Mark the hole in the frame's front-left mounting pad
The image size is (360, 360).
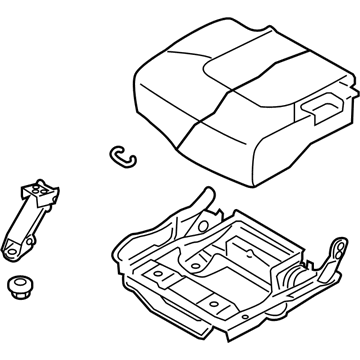pyautogui.click(x=157, y=273)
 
